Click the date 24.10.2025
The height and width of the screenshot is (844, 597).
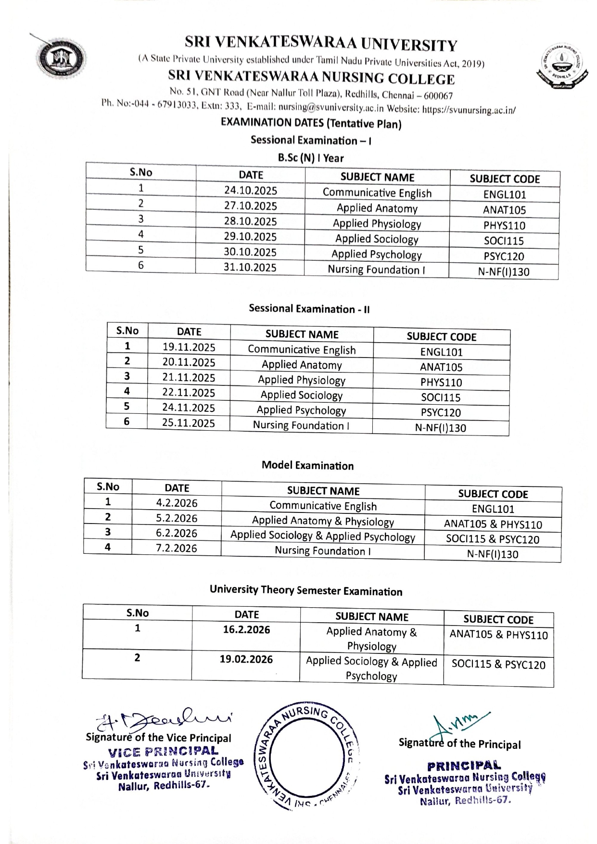(251, 191)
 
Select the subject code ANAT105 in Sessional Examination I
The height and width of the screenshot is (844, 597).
(504, 210)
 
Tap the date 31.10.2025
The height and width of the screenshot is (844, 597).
(250, 267)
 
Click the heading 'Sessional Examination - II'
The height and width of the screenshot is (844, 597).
(309, 309)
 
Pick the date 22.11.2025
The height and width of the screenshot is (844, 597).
(189, 393)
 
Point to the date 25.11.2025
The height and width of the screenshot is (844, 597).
(189, 423)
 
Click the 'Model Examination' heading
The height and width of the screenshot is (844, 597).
(307, 465)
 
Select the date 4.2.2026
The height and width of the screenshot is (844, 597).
(177, 503)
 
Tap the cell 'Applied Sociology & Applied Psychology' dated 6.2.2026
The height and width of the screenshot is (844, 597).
(322, 536)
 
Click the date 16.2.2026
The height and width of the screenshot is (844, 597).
(246, 629)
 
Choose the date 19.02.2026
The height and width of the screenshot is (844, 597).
(246, 659)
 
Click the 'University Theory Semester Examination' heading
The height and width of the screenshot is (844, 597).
(306, 590)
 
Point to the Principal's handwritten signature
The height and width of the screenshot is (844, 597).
(457, 722)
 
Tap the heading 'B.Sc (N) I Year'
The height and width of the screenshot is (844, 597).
(311, 158)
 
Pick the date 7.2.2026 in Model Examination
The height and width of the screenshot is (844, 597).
(177, 548)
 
